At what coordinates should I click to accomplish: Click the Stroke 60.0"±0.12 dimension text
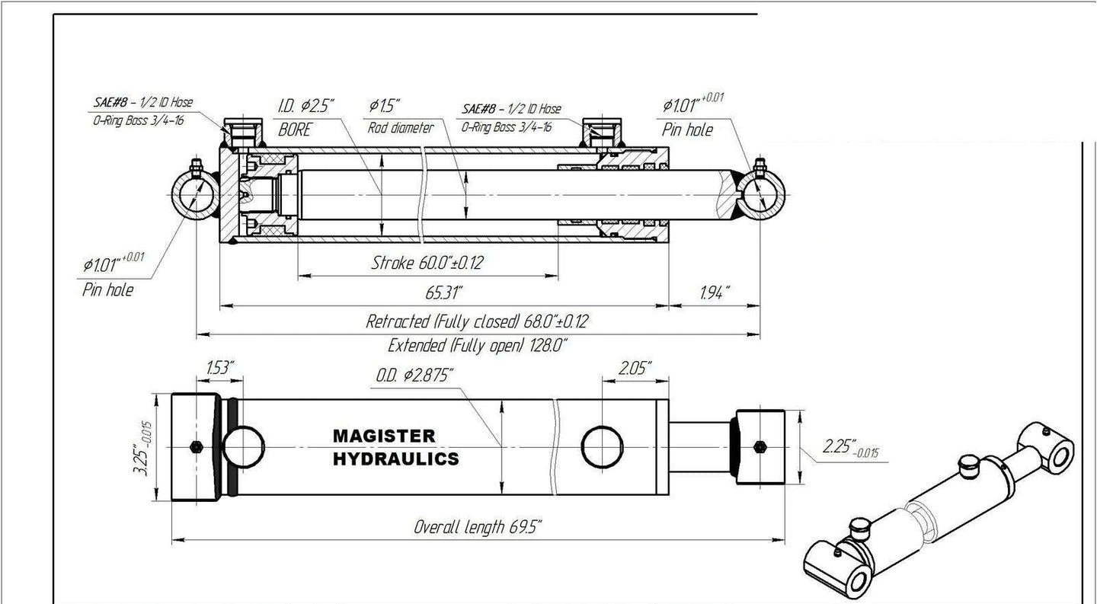427,263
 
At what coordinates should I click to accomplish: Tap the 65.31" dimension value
443,292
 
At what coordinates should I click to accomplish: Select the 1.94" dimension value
715,292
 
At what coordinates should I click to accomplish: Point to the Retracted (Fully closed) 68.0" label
477,321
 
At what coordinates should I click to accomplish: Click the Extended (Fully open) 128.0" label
478,346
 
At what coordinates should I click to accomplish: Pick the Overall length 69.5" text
478,527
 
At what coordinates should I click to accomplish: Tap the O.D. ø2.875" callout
414,376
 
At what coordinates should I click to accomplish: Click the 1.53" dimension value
220,368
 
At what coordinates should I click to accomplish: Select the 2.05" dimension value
635,368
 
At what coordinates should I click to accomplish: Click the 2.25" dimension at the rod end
850,449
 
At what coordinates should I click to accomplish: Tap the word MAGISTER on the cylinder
384,436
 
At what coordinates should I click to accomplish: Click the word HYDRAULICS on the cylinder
396,459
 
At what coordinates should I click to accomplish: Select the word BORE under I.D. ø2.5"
295,129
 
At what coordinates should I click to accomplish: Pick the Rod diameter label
401,128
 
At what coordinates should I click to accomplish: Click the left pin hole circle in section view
197,195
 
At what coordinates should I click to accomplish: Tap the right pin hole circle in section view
760,195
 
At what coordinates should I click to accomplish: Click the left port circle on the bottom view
244,447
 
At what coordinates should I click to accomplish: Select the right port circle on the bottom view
602,447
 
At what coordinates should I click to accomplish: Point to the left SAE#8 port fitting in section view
243,133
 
